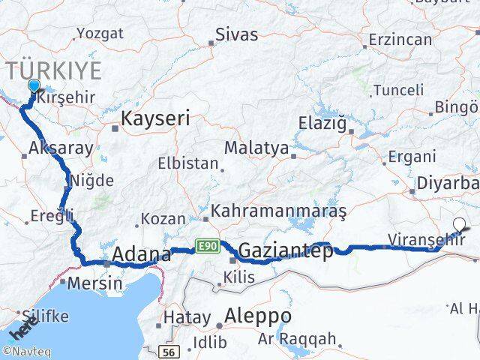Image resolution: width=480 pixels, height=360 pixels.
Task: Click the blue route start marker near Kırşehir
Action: coord(33,85)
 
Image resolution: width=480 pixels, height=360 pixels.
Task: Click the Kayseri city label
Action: coord(155,118)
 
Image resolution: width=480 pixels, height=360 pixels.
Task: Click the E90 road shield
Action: coord(207,245)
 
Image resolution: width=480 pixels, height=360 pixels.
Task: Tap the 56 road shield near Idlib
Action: coord(170,351)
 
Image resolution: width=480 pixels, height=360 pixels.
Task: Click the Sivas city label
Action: coord(236,35)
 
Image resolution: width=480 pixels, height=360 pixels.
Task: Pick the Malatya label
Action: coord(256,148)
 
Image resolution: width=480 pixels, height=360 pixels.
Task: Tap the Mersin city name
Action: coord(95,284)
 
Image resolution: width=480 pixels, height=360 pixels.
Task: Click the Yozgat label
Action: coord(98,34)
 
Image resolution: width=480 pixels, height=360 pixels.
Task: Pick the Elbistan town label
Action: coord(188,163)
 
